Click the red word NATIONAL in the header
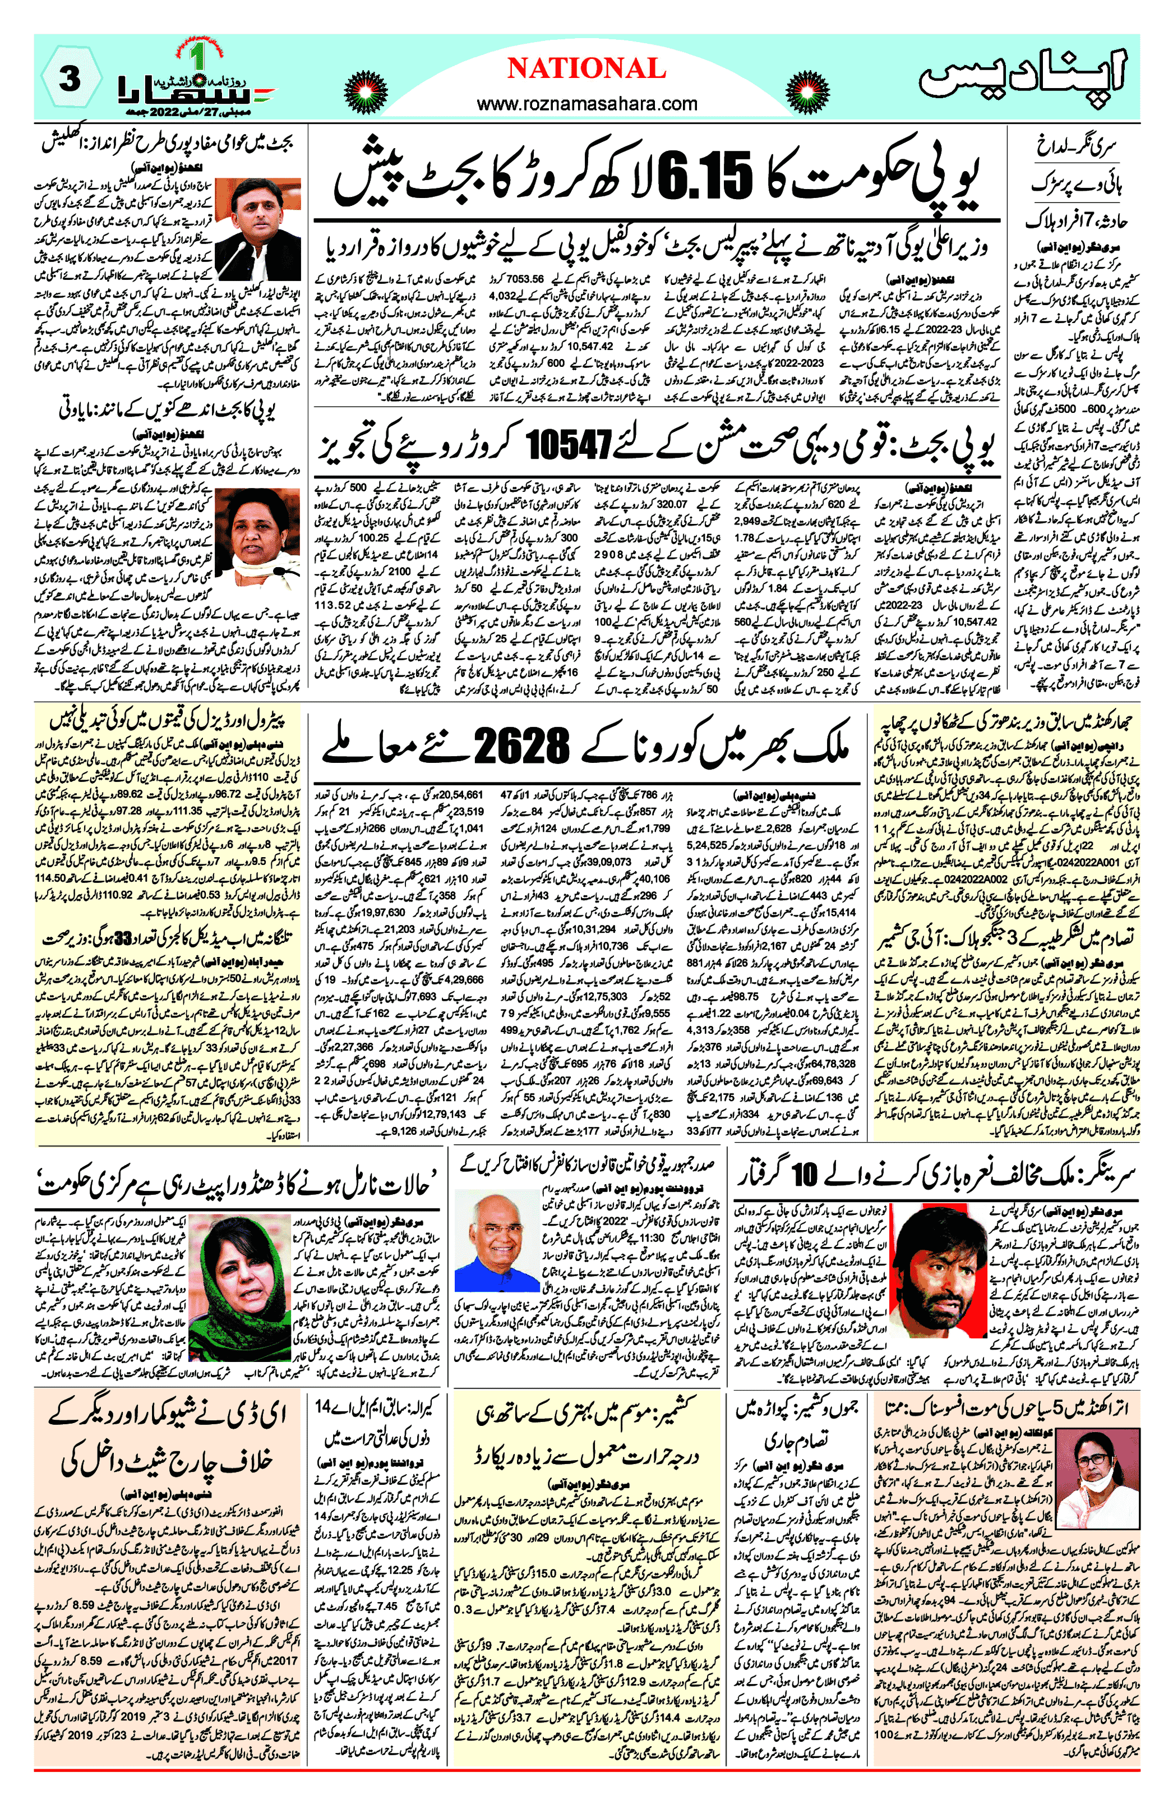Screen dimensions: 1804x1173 click(x=586, y=69)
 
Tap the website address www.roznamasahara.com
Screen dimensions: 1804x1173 click(x=586, y=104)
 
